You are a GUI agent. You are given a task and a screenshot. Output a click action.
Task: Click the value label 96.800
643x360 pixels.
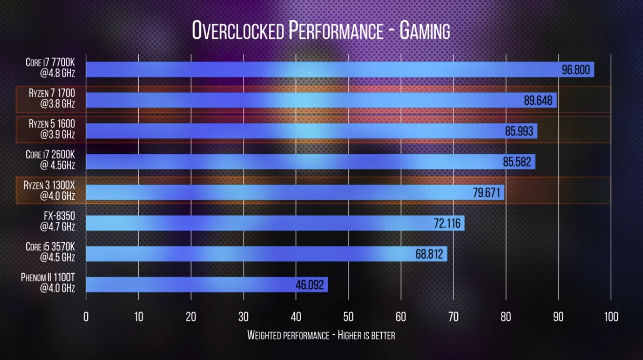point(575,70)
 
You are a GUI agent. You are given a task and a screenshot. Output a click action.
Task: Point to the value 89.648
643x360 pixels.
point(538,101)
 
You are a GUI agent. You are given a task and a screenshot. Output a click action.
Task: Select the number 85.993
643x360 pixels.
point(519,131)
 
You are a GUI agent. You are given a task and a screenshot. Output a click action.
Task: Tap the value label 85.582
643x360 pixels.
point(517,162)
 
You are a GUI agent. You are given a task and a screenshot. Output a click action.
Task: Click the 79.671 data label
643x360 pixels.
point(486,193)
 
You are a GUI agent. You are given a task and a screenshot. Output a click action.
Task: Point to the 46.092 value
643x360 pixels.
point(310,285)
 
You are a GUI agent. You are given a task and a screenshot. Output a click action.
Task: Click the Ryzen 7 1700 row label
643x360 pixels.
point(52,98)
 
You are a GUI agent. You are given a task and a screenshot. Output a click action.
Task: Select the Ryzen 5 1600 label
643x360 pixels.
point(52,129)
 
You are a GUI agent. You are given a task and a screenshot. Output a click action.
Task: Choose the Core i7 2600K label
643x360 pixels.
point(50,159)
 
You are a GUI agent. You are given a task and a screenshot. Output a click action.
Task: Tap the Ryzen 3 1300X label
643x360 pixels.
point(49,190)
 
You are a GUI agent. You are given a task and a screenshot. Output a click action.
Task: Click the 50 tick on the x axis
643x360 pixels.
point(348,317)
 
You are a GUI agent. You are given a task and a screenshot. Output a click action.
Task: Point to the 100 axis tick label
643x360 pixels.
point(611,317)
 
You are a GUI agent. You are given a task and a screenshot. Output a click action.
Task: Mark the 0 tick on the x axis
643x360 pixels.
point(86,317)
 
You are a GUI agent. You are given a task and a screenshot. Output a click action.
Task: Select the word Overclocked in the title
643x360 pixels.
point(238,31)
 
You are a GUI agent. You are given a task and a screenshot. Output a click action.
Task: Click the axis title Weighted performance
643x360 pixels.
point(288,335)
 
